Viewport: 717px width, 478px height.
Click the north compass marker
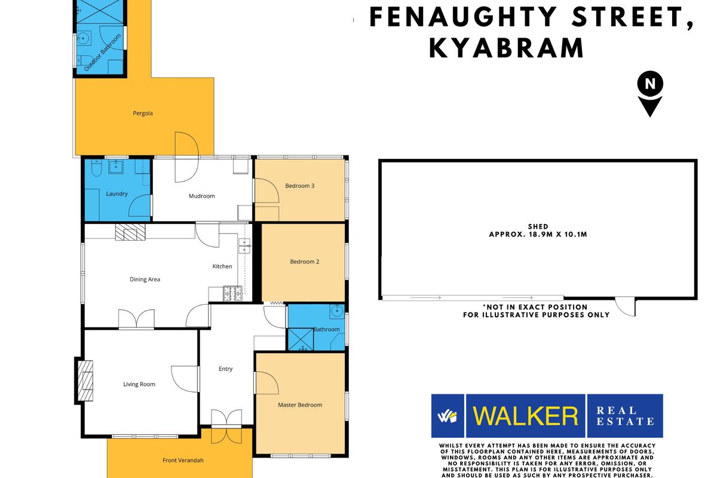tap(649, 93)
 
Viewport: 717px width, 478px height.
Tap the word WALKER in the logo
tap(526, 416)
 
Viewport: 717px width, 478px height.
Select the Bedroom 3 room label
tap(299, 186)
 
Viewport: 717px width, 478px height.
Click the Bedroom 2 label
tap(305, 262)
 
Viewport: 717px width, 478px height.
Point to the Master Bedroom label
tap(300, 405)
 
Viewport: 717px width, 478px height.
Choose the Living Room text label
tap(139, 384)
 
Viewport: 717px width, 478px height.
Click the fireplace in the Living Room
tap(87, 381)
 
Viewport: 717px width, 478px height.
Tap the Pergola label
tap(143, 113)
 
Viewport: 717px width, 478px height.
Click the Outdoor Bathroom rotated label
tap(102, 53)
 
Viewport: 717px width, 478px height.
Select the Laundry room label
tap(117, 194)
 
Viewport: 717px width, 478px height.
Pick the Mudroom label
tap(201, 196)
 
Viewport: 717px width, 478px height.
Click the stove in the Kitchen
tap(231, 293)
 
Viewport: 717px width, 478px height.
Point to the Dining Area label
tap(145, 279)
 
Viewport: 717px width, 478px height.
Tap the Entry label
tap(225, 369)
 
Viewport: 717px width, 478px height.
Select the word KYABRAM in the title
tap(507, 48)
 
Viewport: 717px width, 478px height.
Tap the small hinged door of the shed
tap(626, 307)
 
